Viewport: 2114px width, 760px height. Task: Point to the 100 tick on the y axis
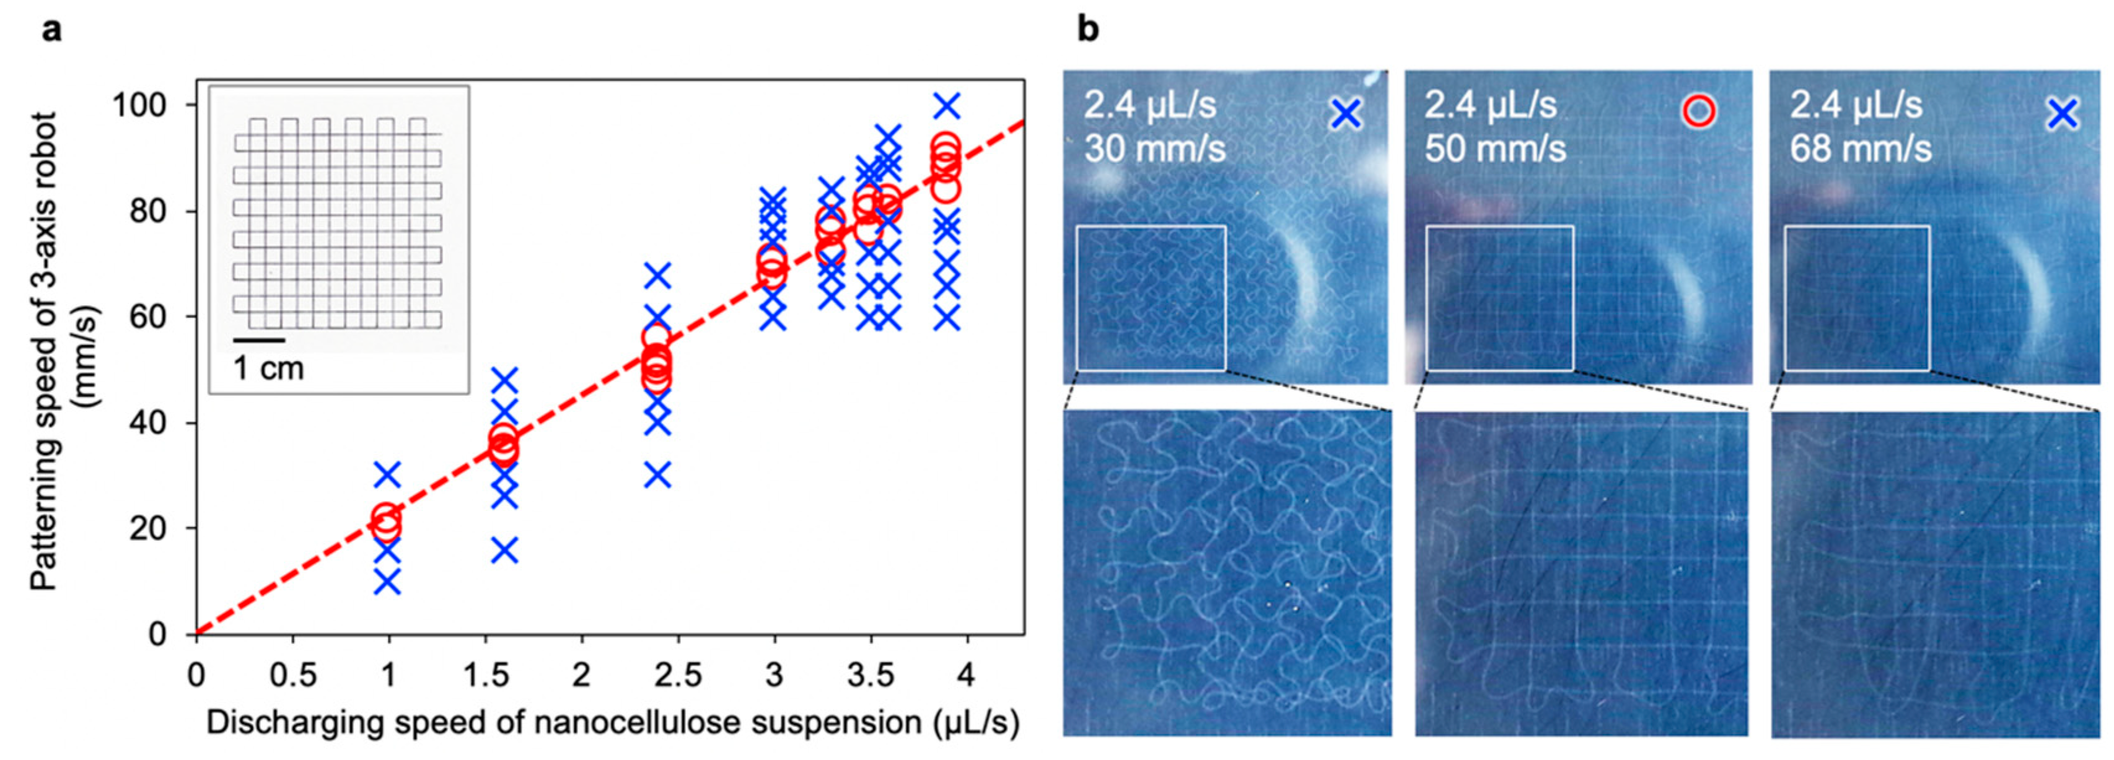pos(144,107)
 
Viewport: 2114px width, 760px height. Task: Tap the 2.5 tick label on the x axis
pos(677,676)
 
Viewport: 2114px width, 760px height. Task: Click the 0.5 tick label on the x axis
pos(293,676)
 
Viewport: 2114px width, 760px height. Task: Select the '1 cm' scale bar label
pos(268,369)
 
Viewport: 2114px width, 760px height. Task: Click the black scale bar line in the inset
pos(258,339)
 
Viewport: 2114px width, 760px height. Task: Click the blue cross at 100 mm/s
pos(947,107)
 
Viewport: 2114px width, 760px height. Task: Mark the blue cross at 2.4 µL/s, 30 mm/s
pos(657,475)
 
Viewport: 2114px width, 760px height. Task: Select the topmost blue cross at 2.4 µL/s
pos(657,276)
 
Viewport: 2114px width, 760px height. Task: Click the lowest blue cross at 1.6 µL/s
pos(505,551)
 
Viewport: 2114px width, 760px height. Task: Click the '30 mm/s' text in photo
pos(1156,149)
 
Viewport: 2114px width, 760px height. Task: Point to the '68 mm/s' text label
pos(1861,149)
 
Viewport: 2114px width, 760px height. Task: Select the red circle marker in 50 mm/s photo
pos(1699,111)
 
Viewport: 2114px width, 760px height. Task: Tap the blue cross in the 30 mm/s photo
pos(1346,114)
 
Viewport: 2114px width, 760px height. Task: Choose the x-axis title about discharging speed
pos(612,723)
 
